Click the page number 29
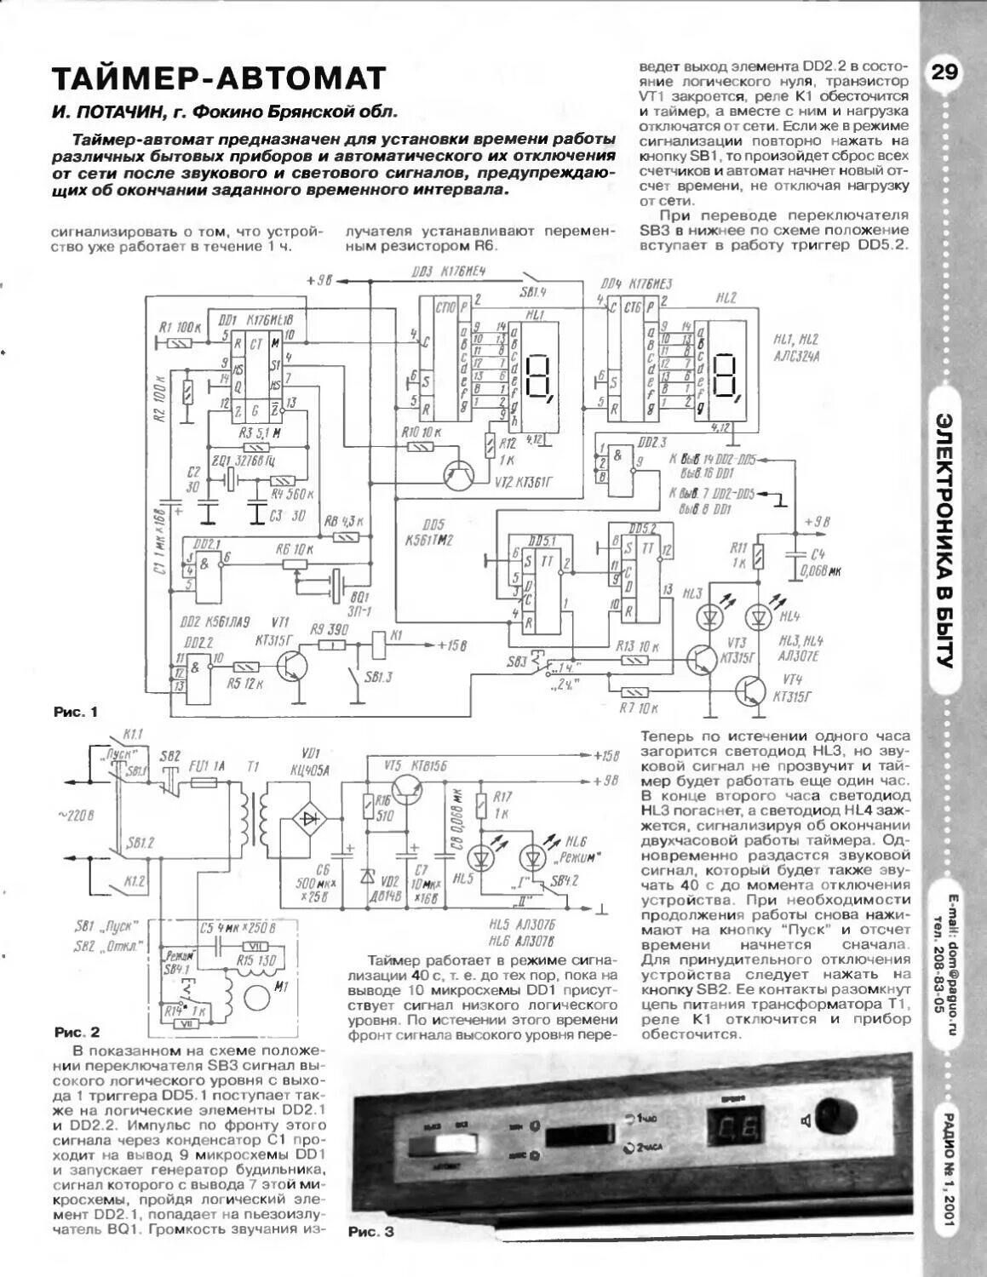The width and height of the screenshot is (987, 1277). (944, 72)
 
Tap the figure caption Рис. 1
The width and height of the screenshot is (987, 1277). (76, 712)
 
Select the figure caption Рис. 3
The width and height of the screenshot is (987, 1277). (372, 1231)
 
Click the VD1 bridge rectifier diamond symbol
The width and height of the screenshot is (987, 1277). (307, 816)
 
